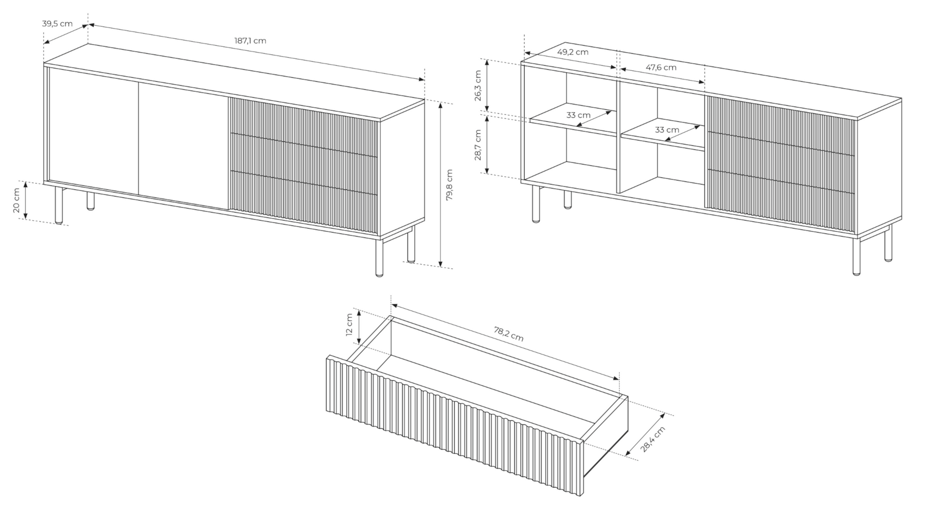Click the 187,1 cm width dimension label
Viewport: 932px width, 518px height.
coord(250,41)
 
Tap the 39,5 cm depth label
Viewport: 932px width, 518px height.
coord(57,23)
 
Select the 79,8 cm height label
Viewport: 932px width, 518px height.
coord(449,184)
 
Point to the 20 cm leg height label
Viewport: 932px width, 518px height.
coord(16,201)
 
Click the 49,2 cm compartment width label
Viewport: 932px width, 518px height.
coord(573,52)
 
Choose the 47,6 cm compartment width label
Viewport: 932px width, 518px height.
coord(661,68)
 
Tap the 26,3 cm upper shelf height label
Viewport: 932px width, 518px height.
coord(478,86)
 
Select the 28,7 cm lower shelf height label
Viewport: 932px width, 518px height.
coord(478,145)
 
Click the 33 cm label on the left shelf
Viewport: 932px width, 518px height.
coord(578,115)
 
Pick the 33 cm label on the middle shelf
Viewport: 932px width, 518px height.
coord(667,130)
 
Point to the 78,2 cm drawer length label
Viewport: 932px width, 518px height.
coord(509,334)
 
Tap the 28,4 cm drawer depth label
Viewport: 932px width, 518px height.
coord(653,439)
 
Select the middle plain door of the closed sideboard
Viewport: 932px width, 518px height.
coord(183,146)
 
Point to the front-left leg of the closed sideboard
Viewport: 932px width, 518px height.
coord(59,205)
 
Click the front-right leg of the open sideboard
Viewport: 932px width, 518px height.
coord(857,256)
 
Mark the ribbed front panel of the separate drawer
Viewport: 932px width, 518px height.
coord(455,426)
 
